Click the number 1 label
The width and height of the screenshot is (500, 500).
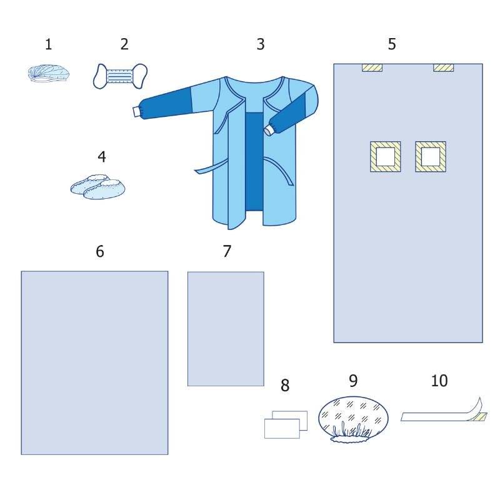[x=49, y=44]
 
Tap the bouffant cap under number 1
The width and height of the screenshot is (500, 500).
[x=49, y=74]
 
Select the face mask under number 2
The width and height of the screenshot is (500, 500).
[x=120, y=76]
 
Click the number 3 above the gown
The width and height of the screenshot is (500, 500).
[x=261, y=44]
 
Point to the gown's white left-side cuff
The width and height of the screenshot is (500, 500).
[x=137, y=112]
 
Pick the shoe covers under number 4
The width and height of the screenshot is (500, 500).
[x=98, y=187]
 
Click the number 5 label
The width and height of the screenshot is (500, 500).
[x=392, y=44]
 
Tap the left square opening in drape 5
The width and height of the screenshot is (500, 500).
[x=385, y=157]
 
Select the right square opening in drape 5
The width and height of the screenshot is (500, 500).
[x=431, y=157]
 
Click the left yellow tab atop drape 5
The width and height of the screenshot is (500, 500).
[x=372, y=67]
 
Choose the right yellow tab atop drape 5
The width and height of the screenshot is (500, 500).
[x=443, y=67]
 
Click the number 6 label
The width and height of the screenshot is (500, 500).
[x=100, y=252]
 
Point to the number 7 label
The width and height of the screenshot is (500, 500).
[x=227, y=251]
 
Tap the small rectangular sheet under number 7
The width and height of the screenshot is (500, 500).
[x=226, y=329]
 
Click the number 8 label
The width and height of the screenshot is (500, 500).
[x=285, y=385]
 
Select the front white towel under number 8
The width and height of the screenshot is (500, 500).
[x=282, y=429]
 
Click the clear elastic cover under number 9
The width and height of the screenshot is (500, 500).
[x=353, y=419]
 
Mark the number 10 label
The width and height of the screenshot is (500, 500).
[x=439, y=381]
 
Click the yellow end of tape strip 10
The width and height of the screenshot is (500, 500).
[x=478, y=416]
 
